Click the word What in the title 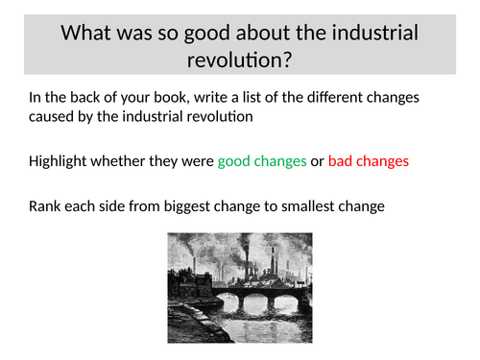click(88, 33)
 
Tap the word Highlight click(60, 161)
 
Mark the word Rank click(45, 205)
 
